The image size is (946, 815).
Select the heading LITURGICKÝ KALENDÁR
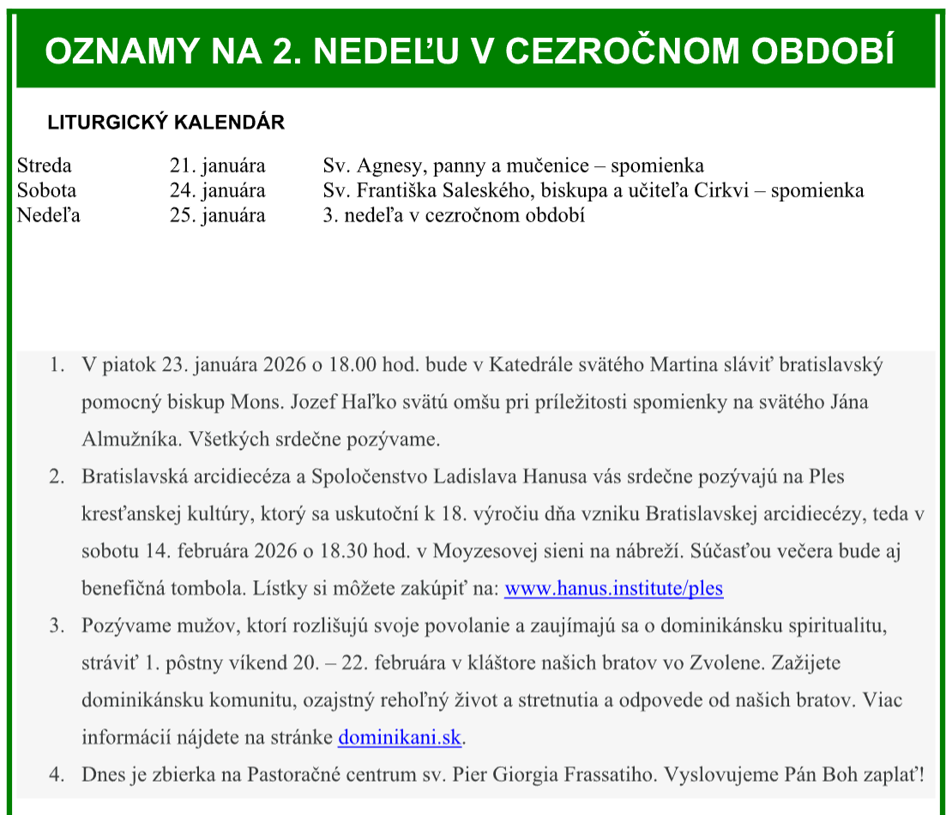166,123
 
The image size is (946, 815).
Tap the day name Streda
45,165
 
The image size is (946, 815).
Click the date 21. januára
217,165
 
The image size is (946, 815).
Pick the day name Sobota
46,190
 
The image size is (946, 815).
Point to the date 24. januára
217,190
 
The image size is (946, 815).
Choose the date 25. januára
217,215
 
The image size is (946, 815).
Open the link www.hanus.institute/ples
613,589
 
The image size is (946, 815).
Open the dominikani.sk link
401,737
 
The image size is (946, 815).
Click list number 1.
57,365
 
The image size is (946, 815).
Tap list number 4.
57,776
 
